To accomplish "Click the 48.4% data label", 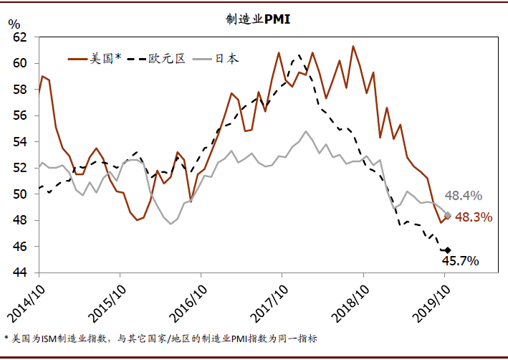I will pyautogui.click(x=464, y=196).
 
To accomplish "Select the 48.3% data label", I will pyautogui.click(x=474, y=217).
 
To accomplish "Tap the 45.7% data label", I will pyautogui.click(x=459, y=261).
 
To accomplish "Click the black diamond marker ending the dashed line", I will pyautogui.click(x=448, y=250).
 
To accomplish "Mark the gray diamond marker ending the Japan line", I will pyautogui.click(x=448, y=214).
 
